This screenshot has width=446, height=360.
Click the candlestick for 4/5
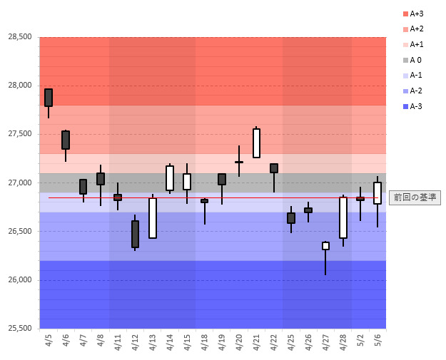pyautogui.click(x=49, y=98)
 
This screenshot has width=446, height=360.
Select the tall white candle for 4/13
pyautogui.click(x=153, y=217)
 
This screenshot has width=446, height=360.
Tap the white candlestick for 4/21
pyautogui.click(x=256, y=143)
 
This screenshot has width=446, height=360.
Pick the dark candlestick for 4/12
pyautogui.click(x=135, y=234)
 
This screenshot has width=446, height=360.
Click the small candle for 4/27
pyautogui.click(x=325, y=246)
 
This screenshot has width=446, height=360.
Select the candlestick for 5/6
pyautogui.click(x=377, y=193)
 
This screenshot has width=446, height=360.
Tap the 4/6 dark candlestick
pyautogui.click(x=66, y=140)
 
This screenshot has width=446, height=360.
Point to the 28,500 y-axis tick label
pyautogui.click(x=19, y=37)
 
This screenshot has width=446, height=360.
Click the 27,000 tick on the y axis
pyautogui.click(x=19, y=183)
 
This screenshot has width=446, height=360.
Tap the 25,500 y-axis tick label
pyautogui.click(x=19, y=329)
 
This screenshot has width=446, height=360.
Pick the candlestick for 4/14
pyautogui.click(x=170, y=178)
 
